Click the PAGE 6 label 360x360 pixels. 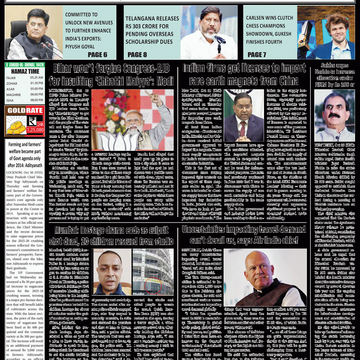[97, 54]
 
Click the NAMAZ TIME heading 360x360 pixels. [25, 71]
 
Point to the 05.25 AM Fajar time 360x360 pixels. [37, 78]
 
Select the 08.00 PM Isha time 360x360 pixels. [37, 100]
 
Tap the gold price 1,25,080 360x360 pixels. [36, 130]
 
